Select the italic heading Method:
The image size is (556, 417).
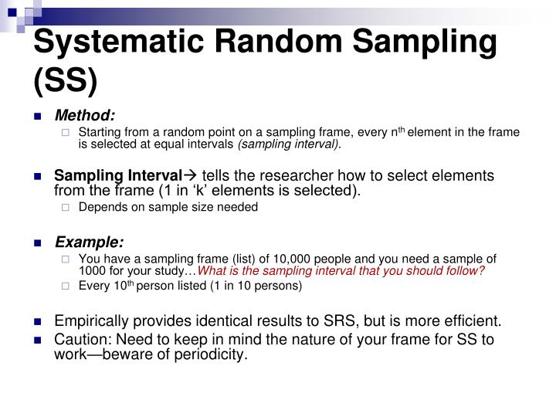[84, 116]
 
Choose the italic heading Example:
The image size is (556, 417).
[88, 242]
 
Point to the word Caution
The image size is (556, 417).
[80, 339]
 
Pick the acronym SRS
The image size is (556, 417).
[363, 320]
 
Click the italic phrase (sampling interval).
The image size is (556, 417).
[290, 144]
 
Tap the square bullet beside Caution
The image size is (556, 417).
[38, 340]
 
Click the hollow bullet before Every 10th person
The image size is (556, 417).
[66, 286]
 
